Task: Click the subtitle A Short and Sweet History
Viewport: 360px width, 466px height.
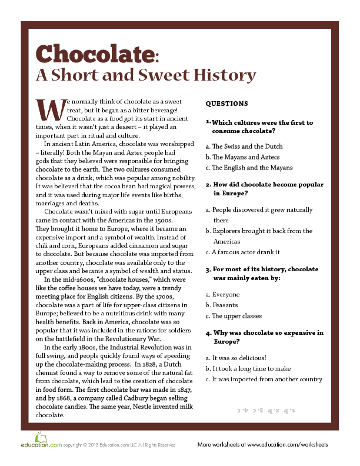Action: point(146,75)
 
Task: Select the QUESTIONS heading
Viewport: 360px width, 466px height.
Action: point(226,104)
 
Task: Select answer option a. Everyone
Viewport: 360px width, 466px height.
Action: point(222,294)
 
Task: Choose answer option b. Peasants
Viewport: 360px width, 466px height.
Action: point(222,305)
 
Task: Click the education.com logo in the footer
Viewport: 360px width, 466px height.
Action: point(40,445)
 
